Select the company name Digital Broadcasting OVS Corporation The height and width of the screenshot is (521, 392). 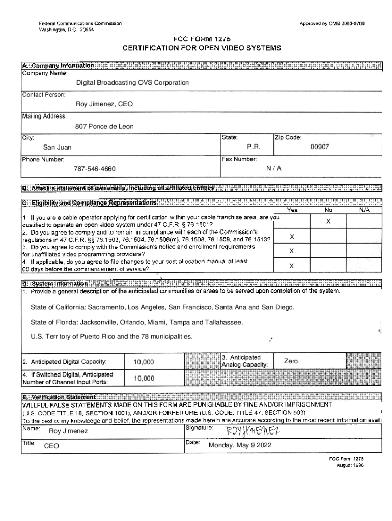[x=132, y=82]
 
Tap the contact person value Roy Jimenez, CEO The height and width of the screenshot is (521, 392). [x=104, y=104]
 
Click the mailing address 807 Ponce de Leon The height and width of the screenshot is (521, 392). [x=104, y=126]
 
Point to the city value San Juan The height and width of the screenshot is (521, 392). [x=57, y=148]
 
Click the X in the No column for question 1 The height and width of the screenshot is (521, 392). [x=328, y=222]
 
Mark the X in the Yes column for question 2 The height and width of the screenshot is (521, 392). [x=292, y=237]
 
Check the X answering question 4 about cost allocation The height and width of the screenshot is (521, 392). [x=292, y=266]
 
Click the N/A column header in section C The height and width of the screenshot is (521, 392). [x=364, y=209]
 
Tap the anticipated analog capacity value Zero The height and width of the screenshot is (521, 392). [x=291, y=361]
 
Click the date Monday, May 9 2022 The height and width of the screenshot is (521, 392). [x=240, y=445]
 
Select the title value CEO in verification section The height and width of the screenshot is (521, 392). [x=52, y=446]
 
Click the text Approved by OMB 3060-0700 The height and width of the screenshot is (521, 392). [x=332, y=24]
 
